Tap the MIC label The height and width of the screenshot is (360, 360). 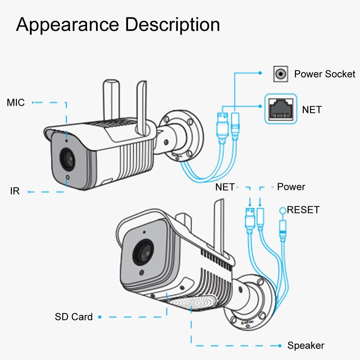[16, 102]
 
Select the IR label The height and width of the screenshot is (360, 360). [15, 191]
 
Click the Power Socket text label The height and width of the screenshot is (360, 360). [324, 74]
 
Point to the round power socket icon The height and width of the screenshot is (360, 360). [281, 74]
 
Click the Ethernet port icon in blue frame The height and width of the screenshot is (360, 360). [281, 109]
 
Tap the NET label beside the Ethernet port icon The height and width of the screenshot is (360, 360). [312, 109]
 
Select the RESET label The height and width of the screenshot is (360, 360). [303, 210]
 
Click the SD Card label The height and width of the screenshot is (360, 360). [74, 317]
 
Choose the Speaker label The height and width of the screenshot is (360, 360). [306, 346]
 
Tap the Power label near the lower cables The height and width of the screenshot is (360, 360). [291, 187]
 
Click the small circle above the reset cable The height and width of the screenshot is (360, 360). [283, 210]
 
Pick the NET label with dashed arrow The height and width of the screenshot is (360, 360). [225, 187]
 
